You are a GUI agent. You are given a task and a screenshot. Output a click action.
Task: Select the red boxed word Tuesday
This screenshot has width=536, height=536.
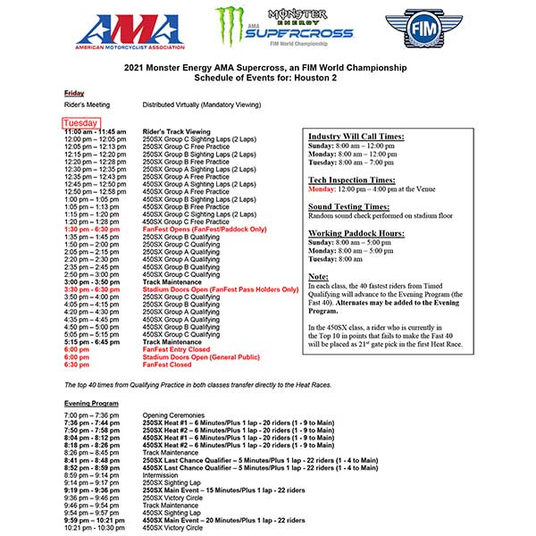click(80, 122)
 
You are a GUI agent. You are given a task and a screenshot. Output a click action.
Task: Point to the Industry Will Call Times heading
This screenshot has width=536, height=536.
click(355, 136)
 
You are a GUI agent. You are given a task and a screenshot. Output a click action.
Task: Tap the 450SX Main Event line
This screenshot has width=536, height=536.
click(223, 519)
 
